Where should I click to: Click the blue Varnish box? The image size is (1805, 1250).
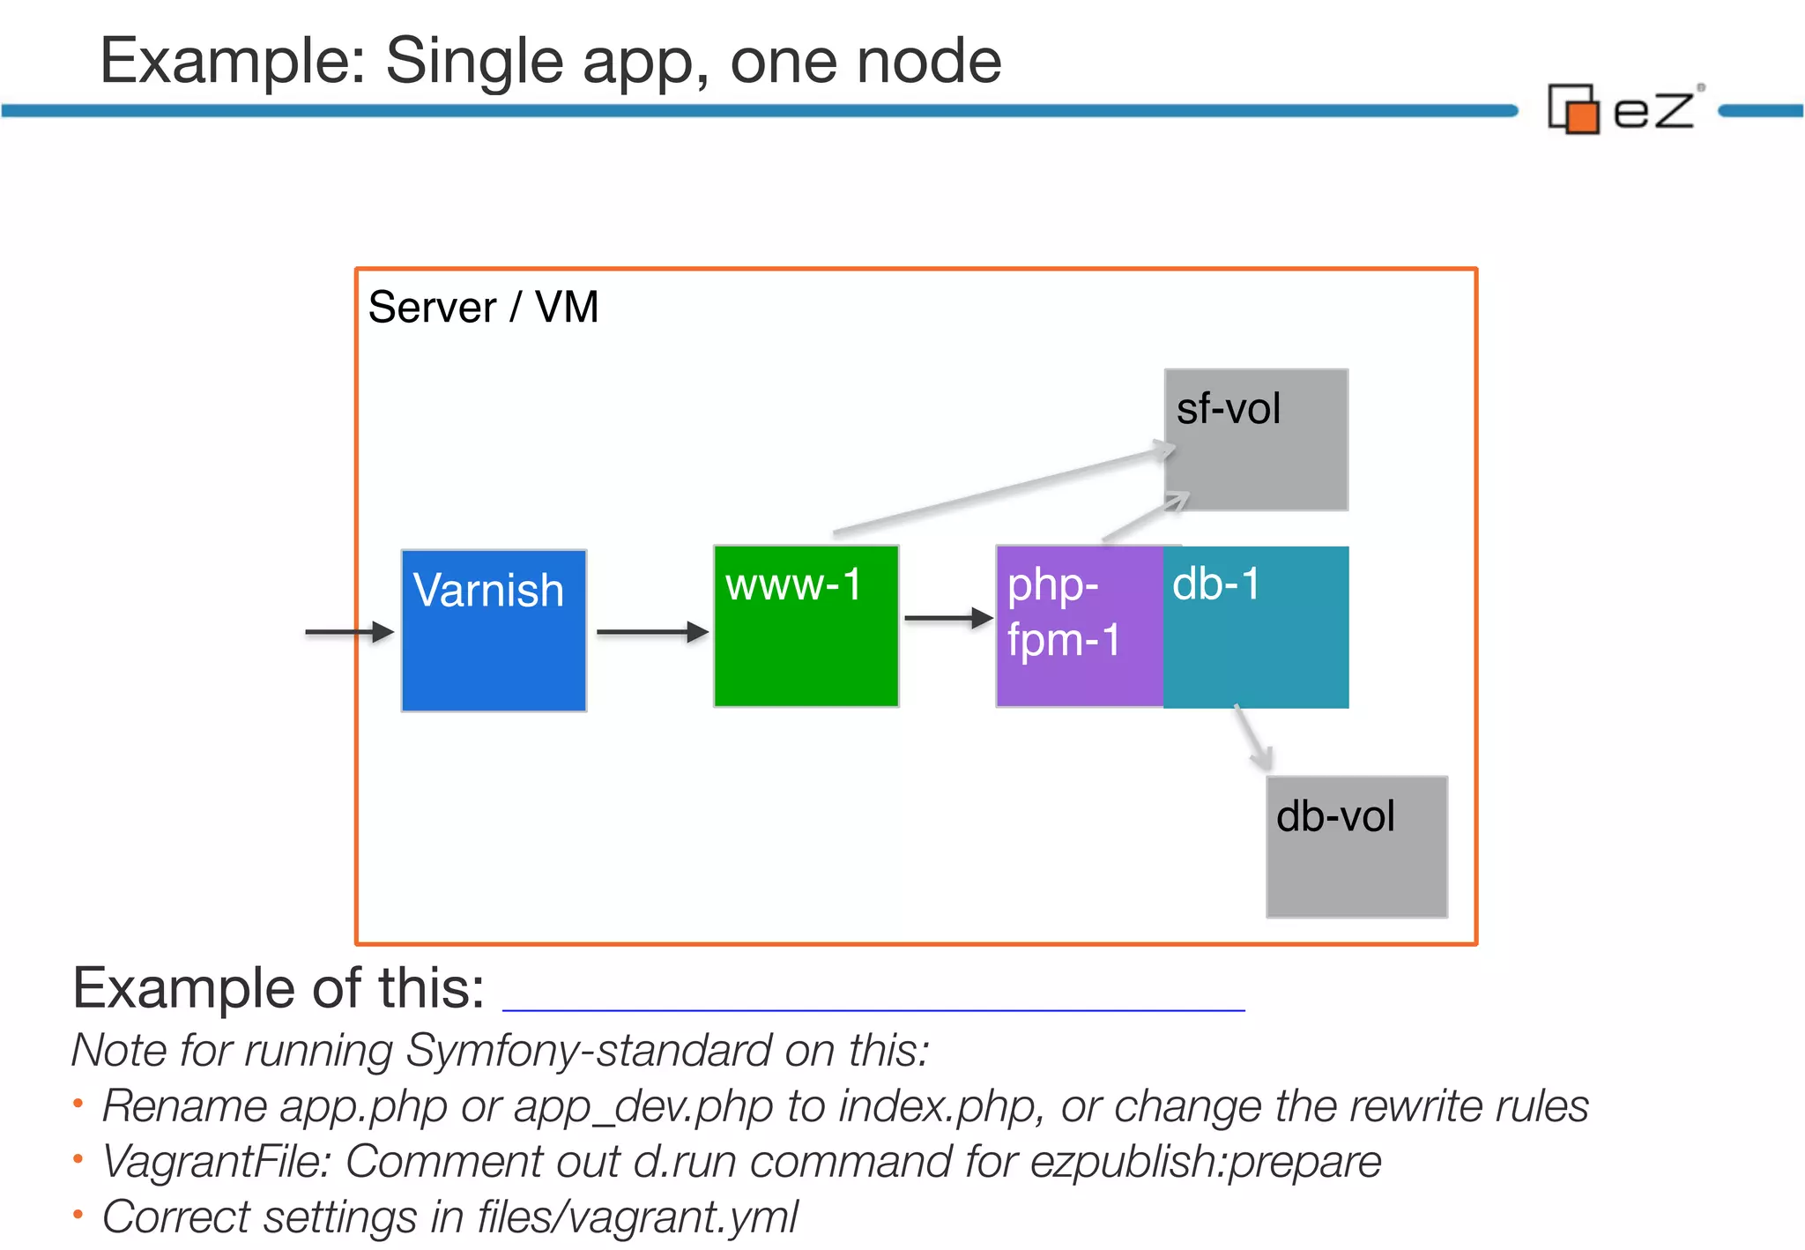[x=494, y=630]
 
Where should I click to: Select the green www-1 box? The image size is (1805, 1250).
[x=806, y=626]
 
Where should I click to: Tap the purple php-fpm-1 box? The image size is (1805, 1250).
[x=1079, y=626]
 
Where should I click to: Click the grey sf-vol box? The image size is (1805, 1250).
[x=1256, y=439]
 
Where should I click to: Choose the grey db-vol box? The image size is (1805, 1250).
[x=1356, y=846]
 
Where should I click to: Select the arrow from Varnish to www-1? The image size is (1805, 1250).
[x=652, y=632]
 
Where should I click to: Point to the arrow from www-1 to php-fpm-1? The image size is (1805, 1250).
[x=947, y=619]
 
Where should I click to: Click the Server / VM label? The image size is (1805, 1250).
[x=483, y=308]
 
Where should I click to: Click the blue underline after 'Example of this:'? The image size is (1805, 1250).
[x=873, y=1009]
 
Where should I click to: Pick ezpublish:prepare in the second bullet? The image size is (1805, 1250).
[x=1205, y=1162]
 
